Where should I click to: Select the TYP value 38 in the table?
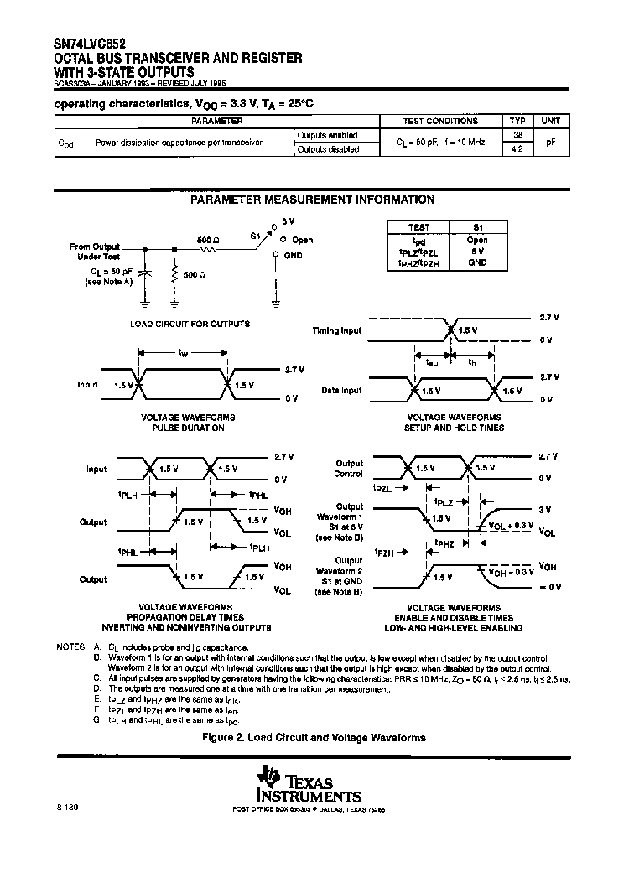[x=517, y=134]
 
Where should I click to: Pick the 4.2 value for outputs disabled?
[x=517, y=148]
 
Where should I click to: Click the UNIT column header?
[x=550, y=121]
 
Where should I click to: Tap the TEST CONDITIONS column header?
[x=440, y=121]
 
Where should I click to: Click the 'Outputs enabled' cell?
[x=328, y=135]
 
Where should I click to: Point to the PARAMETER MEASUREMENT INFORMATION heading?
[x=312, y=200]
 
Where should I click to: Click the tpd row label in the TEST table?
[x=419, y=240]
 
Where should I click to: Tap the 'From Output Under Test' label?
[x=95, y=252]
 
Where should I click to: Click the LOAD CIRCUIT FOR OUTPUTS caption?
[x=190, y=324]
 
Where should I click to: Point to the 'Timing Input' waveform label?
[x=336, y=330]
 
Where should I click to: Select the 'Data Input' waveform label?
[x=341, y=390]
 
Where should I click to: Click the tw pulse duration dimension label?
[x=183, y=353]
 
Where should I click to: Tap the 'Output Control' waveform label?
[x=349, y=468]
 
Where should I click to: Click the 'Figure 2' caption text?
[x=314, y=738]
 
